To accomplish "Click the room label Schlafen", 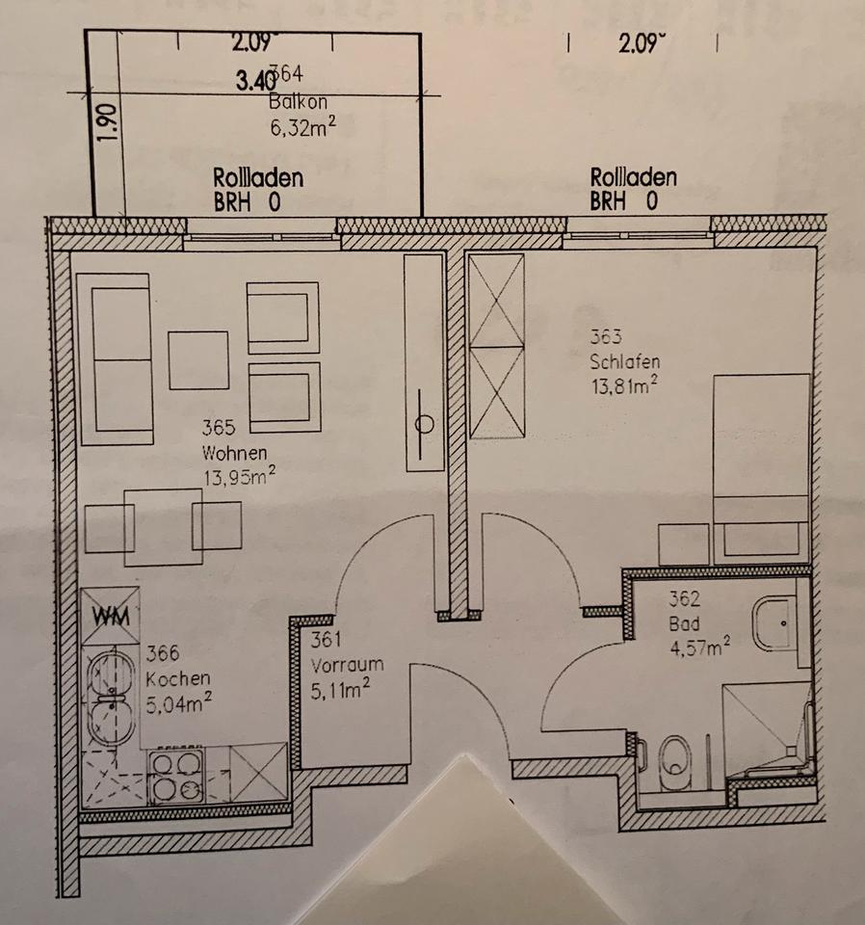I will click(625, 363).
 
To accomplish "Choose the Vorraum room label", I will click(348, 665).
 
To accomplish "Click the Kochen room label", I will click(178, 678).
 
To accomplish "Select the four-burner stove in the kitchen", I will click(174, 776).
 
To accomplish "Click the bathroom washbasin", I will click(775, 623).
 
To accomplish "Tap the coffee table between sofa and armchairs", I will click(198, 359).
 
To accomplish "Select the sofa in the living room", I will click(115, 358).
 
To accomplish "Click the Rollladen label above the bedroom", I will click(633, 178).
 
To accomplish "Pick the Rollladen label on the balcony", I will click(258, 178).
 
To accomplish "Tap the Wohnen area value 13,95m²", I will click(234, 478).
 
